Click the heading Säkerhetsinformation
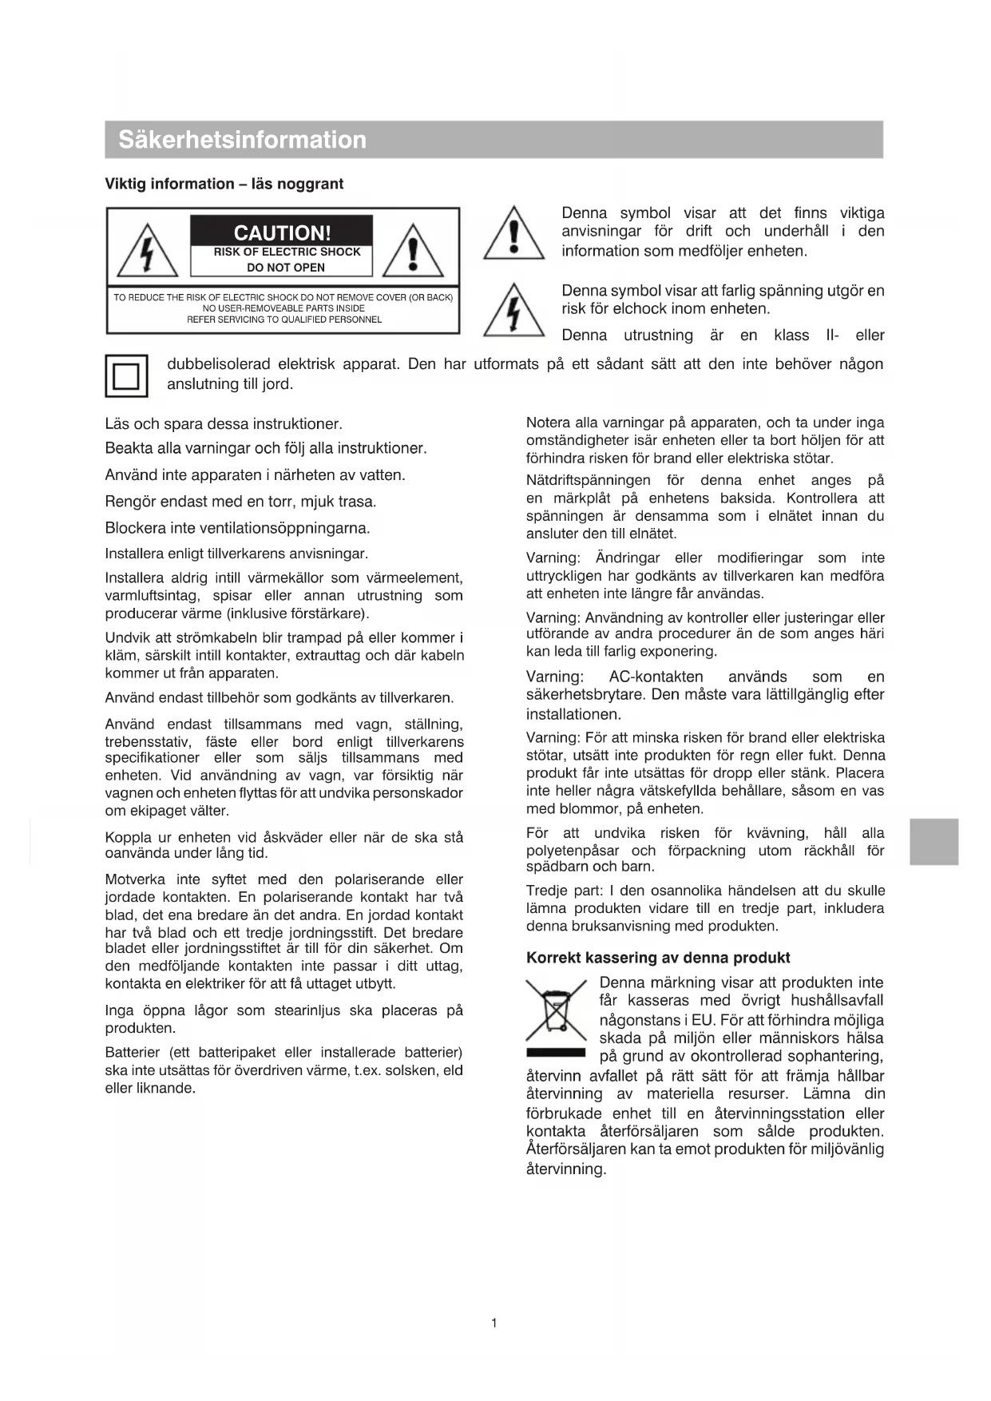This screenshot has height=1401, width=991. (x=242, y=140)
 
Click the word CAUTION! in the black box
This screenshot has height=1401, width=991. (x=282, y=233)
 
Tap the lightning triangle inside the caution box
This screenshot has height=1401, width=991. (x=147, y=252)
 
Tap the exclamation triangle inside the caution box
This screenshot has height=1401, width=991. (x=413, y=251)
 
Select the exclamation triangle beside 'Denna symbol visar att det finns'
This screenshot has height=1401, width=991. (x=513, y=235)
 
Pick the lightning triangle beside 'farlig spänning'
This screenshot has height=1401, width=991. (x=513, y=311)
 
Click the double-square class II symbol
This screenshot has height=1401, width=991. (x=126, y=375)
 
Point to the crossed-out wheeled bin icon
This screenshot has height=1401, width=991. (x=555, y=1012)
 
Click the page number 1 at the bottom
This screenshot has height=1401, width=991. (x=494, y=1324)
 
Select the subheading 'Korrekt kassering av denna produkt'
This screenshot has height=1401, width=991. (x=658, y=958)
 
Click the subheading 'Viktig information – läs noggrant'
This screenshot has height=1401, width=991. (x=224, y=184)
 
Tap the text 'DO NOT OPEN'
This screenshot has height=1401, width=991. (x=286, y=268)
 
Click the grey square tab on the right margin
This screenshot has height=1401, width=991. (x=934, y=841)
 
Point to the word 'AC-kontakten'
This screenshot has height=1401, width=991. (x=656, y=677)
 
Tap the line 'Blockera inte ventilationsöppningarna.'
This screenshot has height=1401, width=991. (x=237, y=528)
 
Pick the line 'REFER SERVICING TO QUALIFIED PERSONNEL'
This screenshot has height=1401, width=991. (x=284, y=319)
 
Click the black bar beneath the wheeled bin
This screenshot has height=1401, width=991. (x=556, y=1052)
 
